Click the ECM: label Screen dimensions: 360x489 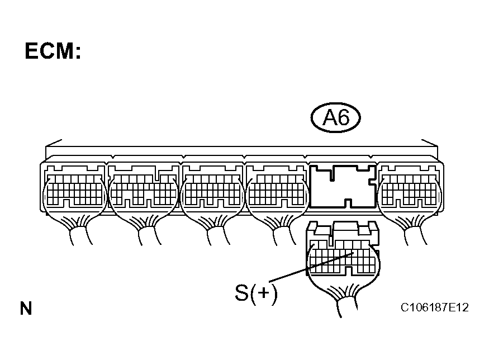coord(53,51)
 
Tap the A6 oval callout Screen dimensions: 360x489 coord(335,119)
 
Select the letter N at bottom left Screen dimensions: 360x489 coord(26,308)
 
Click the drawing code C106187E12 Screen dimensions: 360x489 coord(434,308)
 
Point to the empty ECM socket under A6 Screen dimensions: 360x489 coord(343,186)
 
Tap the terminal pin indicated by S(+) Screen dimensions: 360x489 coord(354,253)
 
